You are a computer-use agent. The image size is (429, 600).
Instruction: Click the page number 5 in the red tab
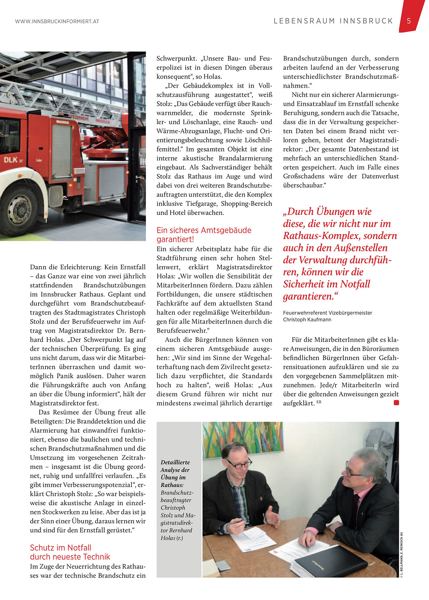pyautogui.click(x=409, y=21)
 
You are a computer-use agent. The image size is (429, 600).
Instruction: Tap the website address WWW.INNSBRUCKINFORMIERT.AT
pyautogui.click(x=57, y=22)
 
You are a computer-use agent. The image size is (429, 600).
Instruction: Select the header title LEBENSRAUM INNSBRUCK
pyautogui.click(x=333, y=21)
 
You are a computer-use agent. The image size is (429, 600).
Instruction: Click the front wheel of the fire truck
pyautogui.click(x=18, y=210)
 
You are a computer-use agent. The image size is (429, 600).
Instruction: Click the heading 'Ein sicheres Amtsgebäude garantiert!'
pyautogui.click(x=204, y=235)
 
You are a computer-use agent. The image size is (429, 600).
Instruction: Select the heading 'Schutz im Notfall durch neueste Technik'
pyautogui.click(x=70, y=552)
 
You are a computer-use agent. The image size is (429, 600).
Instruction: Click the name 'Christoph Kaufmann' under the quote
pyautogui.click(x=307, y=320)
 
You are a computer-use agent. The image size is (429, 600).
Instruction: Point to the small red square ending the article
pyautogui.click(x=396, y=403)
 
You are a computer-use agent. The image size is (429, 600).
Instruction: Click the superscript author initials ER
pyautogui.click(x=319, y=402)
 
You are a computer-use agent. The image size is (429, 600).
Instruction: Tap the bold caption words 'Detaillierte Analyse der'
pyautogui.click(x=175, y=466)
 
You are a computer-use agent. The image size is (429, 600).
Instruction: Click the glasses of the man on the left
pyautogui.click(x=239, y=463)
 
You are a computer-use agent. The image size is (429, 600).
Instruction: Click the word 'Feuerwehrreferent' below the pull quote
pyautogui.click(x=305, y=313)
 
